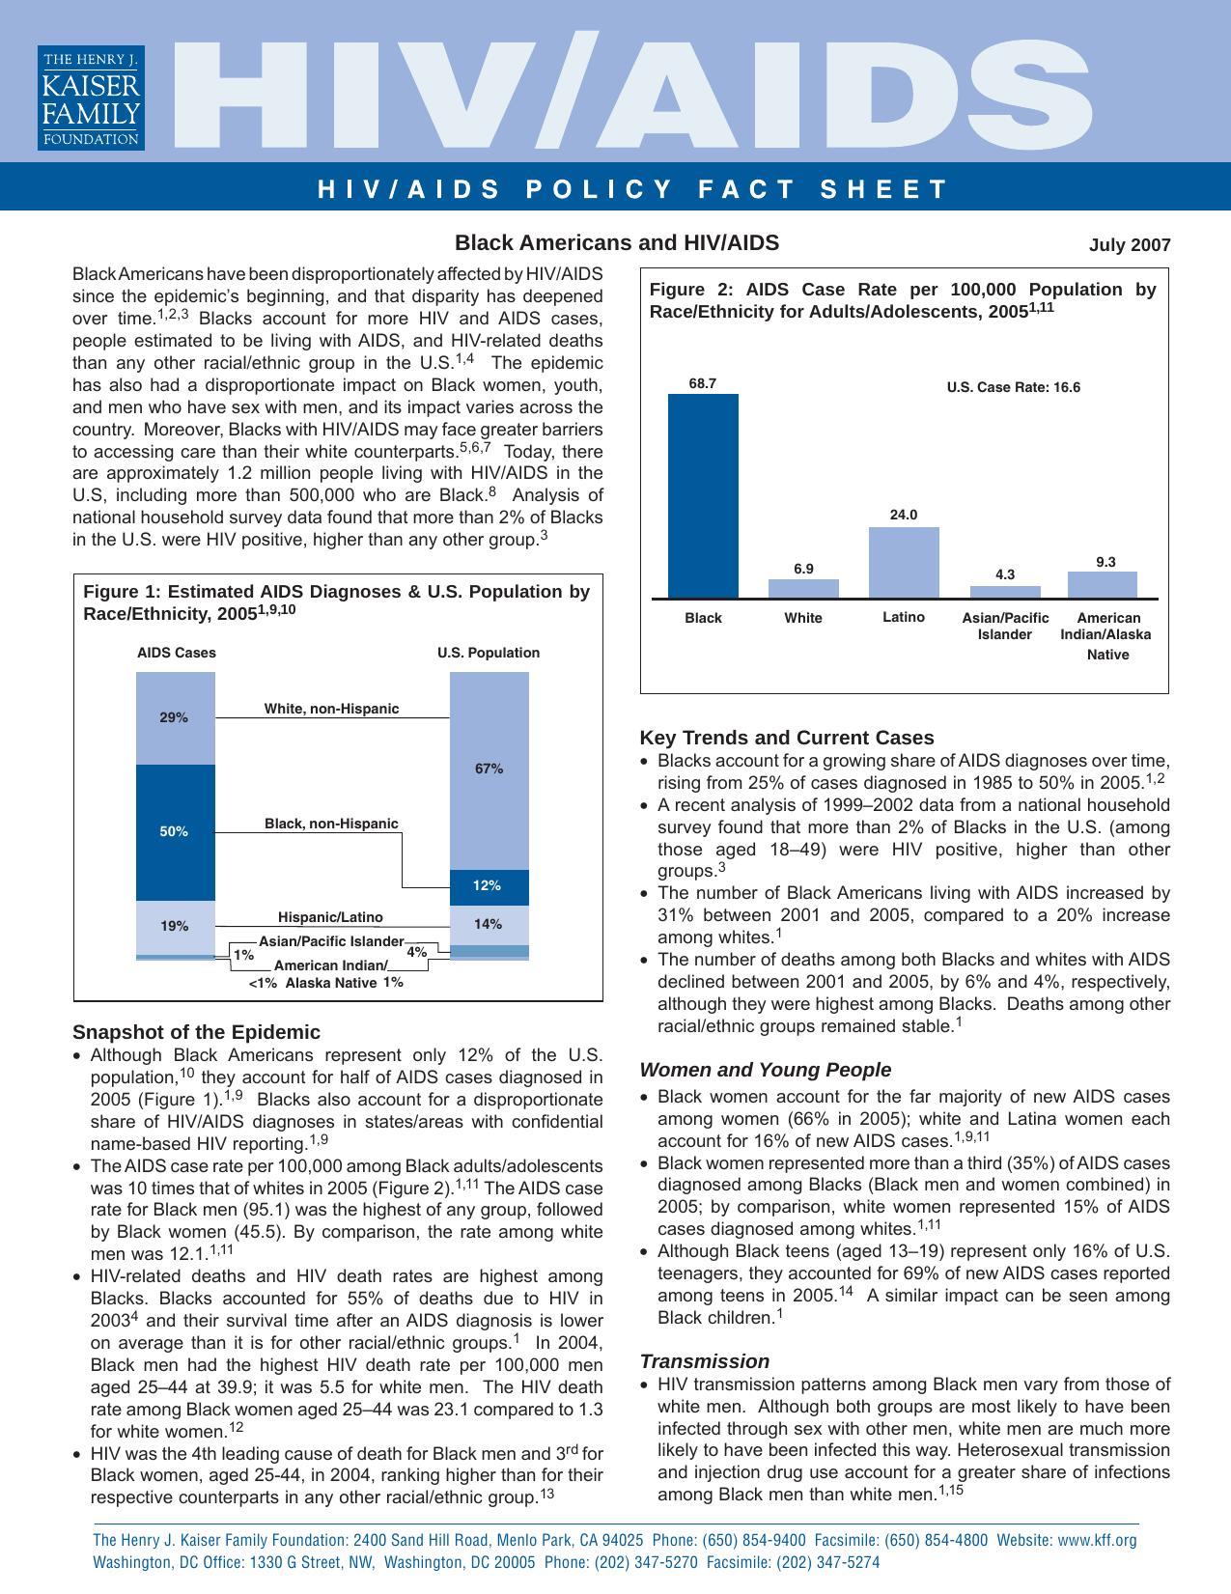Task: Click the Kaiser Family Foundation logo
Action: [x=91, y=98]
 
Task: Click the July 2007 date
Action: [x=1129, y=245]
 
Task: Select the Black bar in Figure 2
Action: [x=703, y=496]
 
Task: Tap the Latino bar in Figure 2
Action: [x=904, y=563]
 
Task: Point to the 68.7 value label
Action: [x=703, y=383]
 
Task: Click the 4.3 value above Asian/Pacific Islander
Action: [x=1005, y=574]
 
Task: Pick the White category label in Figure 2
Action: [x=803, y=618]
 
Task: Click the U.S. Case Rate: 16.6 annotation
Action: [x=1013, y=388]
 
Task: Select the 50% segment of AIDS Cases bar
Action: [x=175, y=831]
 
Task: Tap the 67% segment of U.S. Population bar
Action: [x=489, y=769]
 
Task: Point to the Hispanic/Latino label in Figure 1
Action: [x=330, y=917]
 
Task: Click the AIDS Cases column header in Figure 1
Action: [x=177, y=653]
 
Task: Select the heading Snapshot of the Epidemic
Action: [x=196, y=1032]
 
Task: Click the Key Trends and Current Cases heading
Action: [x=787, y=738]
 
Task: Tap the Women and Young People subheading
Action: [x=765, y=1070]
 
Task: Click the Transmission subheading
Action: [x=704, y=1361]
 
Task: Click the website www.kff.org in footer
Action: [x=1097, y=1540]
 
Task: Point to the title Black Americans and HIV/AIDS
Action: [x=616, y=242]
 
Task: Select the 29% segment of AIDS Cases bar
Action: [x=174, y=718]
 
